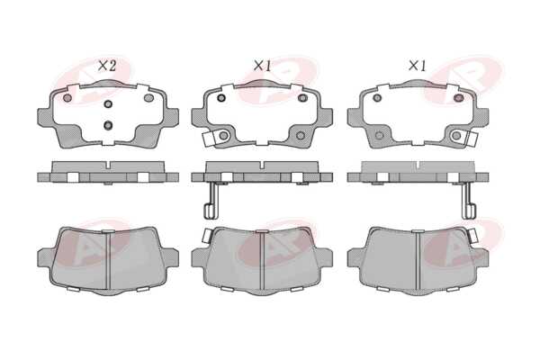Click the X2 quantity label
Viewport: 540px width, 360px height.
(x=107, y=66)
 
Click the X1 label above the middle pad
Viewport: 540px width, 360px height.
(x=263, y=66)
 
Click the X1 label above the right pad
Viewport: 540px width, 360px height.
(x=418, y=66)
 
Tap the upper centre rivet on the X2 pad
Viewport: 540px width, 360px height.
(x=108, y=103)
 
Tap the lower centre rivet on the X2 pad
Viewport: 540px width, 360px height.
(x=108, y=125)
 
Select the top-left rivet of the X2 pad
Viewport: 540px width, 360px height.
(x=67, y=98)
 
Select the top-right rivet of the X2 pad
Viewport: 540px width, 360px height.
(x=148, y=98)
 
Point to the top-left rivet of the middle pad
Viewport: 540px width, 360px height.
(x=221, y=98)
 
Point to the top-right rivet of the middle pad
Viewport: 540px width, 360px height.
(x=302, y=98)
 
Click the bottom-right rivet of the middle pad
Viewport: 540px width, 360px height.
(x=301, y=135)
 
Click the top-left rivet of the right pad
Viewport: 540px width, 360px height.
(x=377, y=98)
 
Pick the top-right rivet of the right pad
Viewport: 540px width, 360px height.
(x=458, y=98)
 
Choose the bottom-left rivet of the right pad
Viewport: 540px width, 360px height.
(x=379, y=135)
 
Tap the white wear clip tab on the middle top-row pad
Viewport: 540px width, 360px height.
(x=209, y=139)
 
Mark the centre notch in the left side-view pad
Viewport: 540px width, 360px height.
(x=108, y=165)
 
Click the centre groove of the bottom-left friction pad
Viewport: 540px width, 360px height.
(x=108, y=261)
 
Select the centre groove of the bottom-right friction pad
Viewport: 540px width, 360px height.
(x=418, y=261)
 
